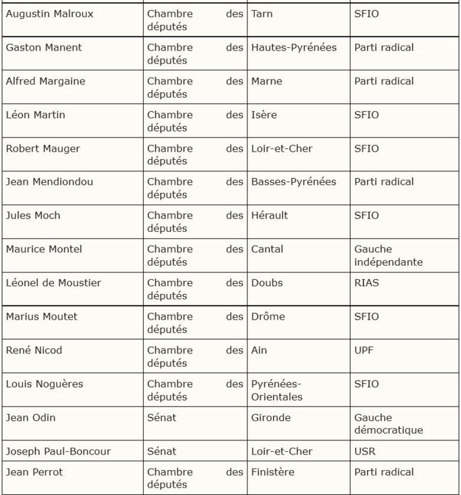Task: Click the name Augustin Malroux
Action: pos(50,14)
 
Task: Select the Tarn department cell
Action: pos(262,14)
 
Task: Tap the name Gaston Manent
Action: pos(44,48)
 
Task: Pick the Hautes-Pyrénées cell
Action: pos(294,48)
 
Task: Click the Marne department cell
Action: pos(267,82)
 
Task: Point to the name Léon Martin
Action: pos(36,115)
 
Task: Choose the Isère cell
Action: pos(264,115)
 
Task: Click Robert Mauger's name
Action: pos(42,149)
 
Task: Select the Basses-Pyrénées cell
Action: pos(294,182)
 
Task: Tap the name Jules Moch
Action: pos(33,216)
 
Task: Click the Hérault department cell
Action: pos(270,216)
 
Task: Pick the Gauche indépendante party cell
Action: pos(388,256)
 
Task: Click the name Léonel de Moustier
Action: pos(54,283)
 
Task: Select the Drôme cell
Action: pos(268,317)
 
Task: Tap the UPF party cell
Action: pos(364,351)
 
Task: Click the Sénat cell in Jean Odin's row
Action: pos(162,418)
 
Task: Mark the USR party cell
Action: pos(365,452)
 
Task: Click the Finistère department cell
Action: pos(273,472)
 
